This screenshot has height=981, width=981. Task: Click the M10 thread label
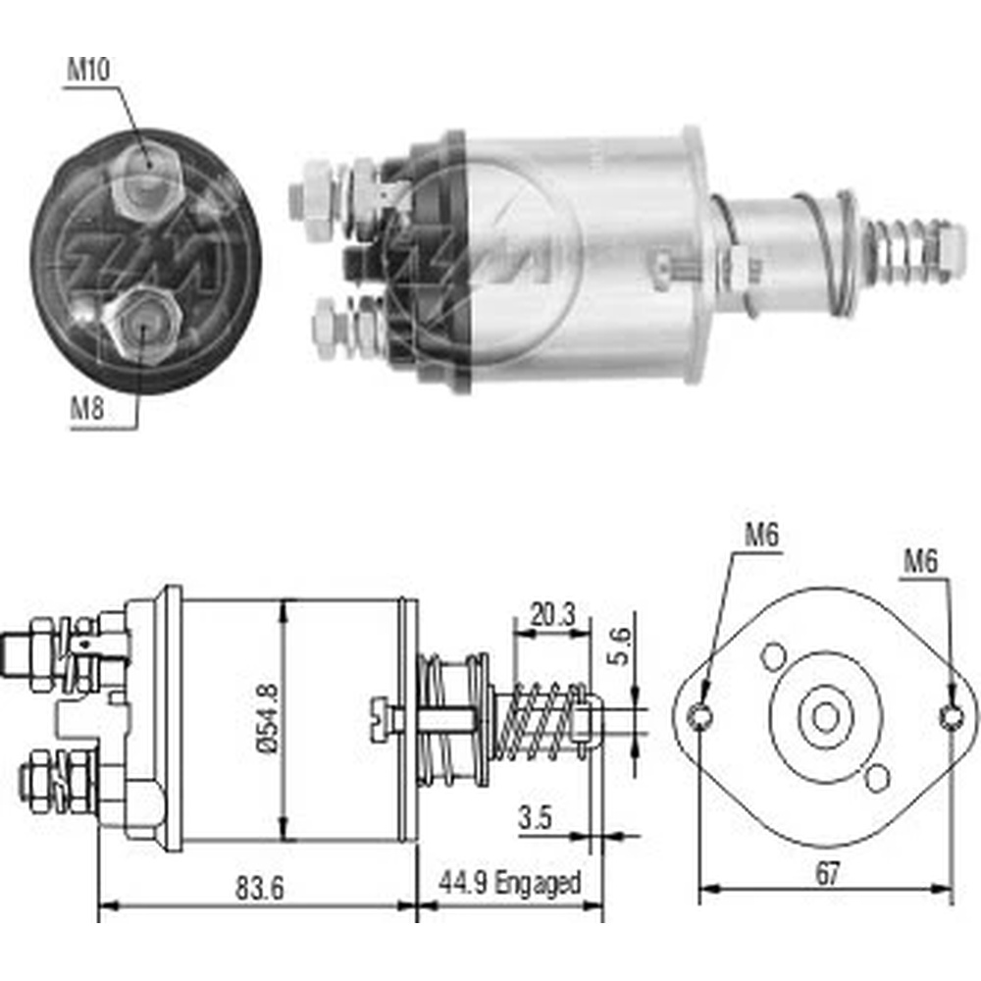click(88, 70)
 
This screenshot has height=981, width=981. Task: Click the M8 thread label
click(86, 409)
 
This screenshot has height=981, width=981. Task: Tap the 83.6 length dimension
click(260, 888)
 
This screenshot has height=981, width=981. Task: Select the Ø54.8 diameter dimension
click(267, 718)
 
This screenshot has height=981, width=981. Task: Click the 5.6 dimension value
click(620, 646)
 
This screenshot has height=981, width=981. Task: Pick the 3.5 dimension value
click(536, 817)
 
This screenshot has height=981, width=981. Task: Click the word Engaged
click(538, 884)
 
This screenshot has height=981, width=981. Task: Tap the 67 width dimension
click(827, 873)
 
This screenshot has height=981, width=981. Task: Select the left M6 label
click(761, 536)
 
